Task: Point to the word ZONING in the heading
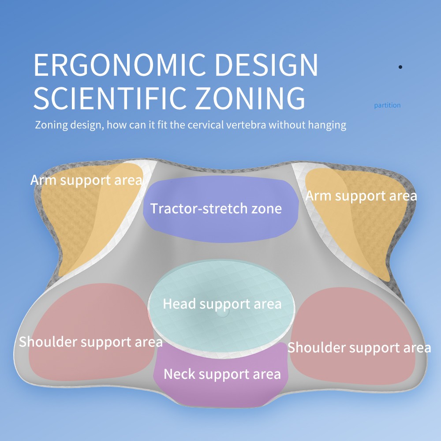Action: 250,97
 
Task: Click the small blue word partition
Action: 387,105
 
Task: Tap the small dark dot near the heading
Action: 400,67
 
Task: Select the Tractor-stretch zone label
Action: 216,209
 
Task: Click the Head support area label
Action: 222,304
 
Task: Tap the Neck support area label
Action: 222,374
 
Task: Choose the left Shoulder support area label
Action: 90,342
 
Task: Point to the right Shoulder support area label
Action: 359,348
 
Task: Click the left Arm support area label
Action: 86,180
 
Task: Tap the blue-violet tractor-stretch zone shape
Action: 221,209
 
